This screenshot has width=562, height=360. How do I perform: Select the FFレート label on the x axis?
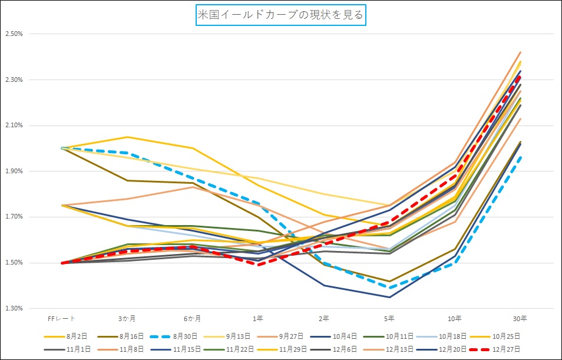(x=61, y=319)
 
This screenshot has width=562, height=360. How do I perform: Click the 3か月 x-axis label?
(x=127, y=319)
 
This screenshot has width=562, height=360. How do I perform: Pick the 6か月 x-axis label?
(x=192, y=319)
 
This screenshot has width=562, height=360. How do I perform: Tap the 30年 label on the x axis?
(x=520, y=319)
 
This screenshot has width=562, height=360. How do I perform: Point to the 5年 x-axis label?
(x=389, y=319)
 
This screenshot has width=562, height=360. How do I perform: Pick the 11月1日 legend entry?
(x=78, y=349)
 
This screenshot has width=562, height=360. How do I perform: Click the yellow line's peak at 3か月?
(x=127, y=137)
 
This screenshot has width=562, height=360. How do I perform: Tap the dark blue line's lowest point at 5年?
(x=389, y=297)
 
